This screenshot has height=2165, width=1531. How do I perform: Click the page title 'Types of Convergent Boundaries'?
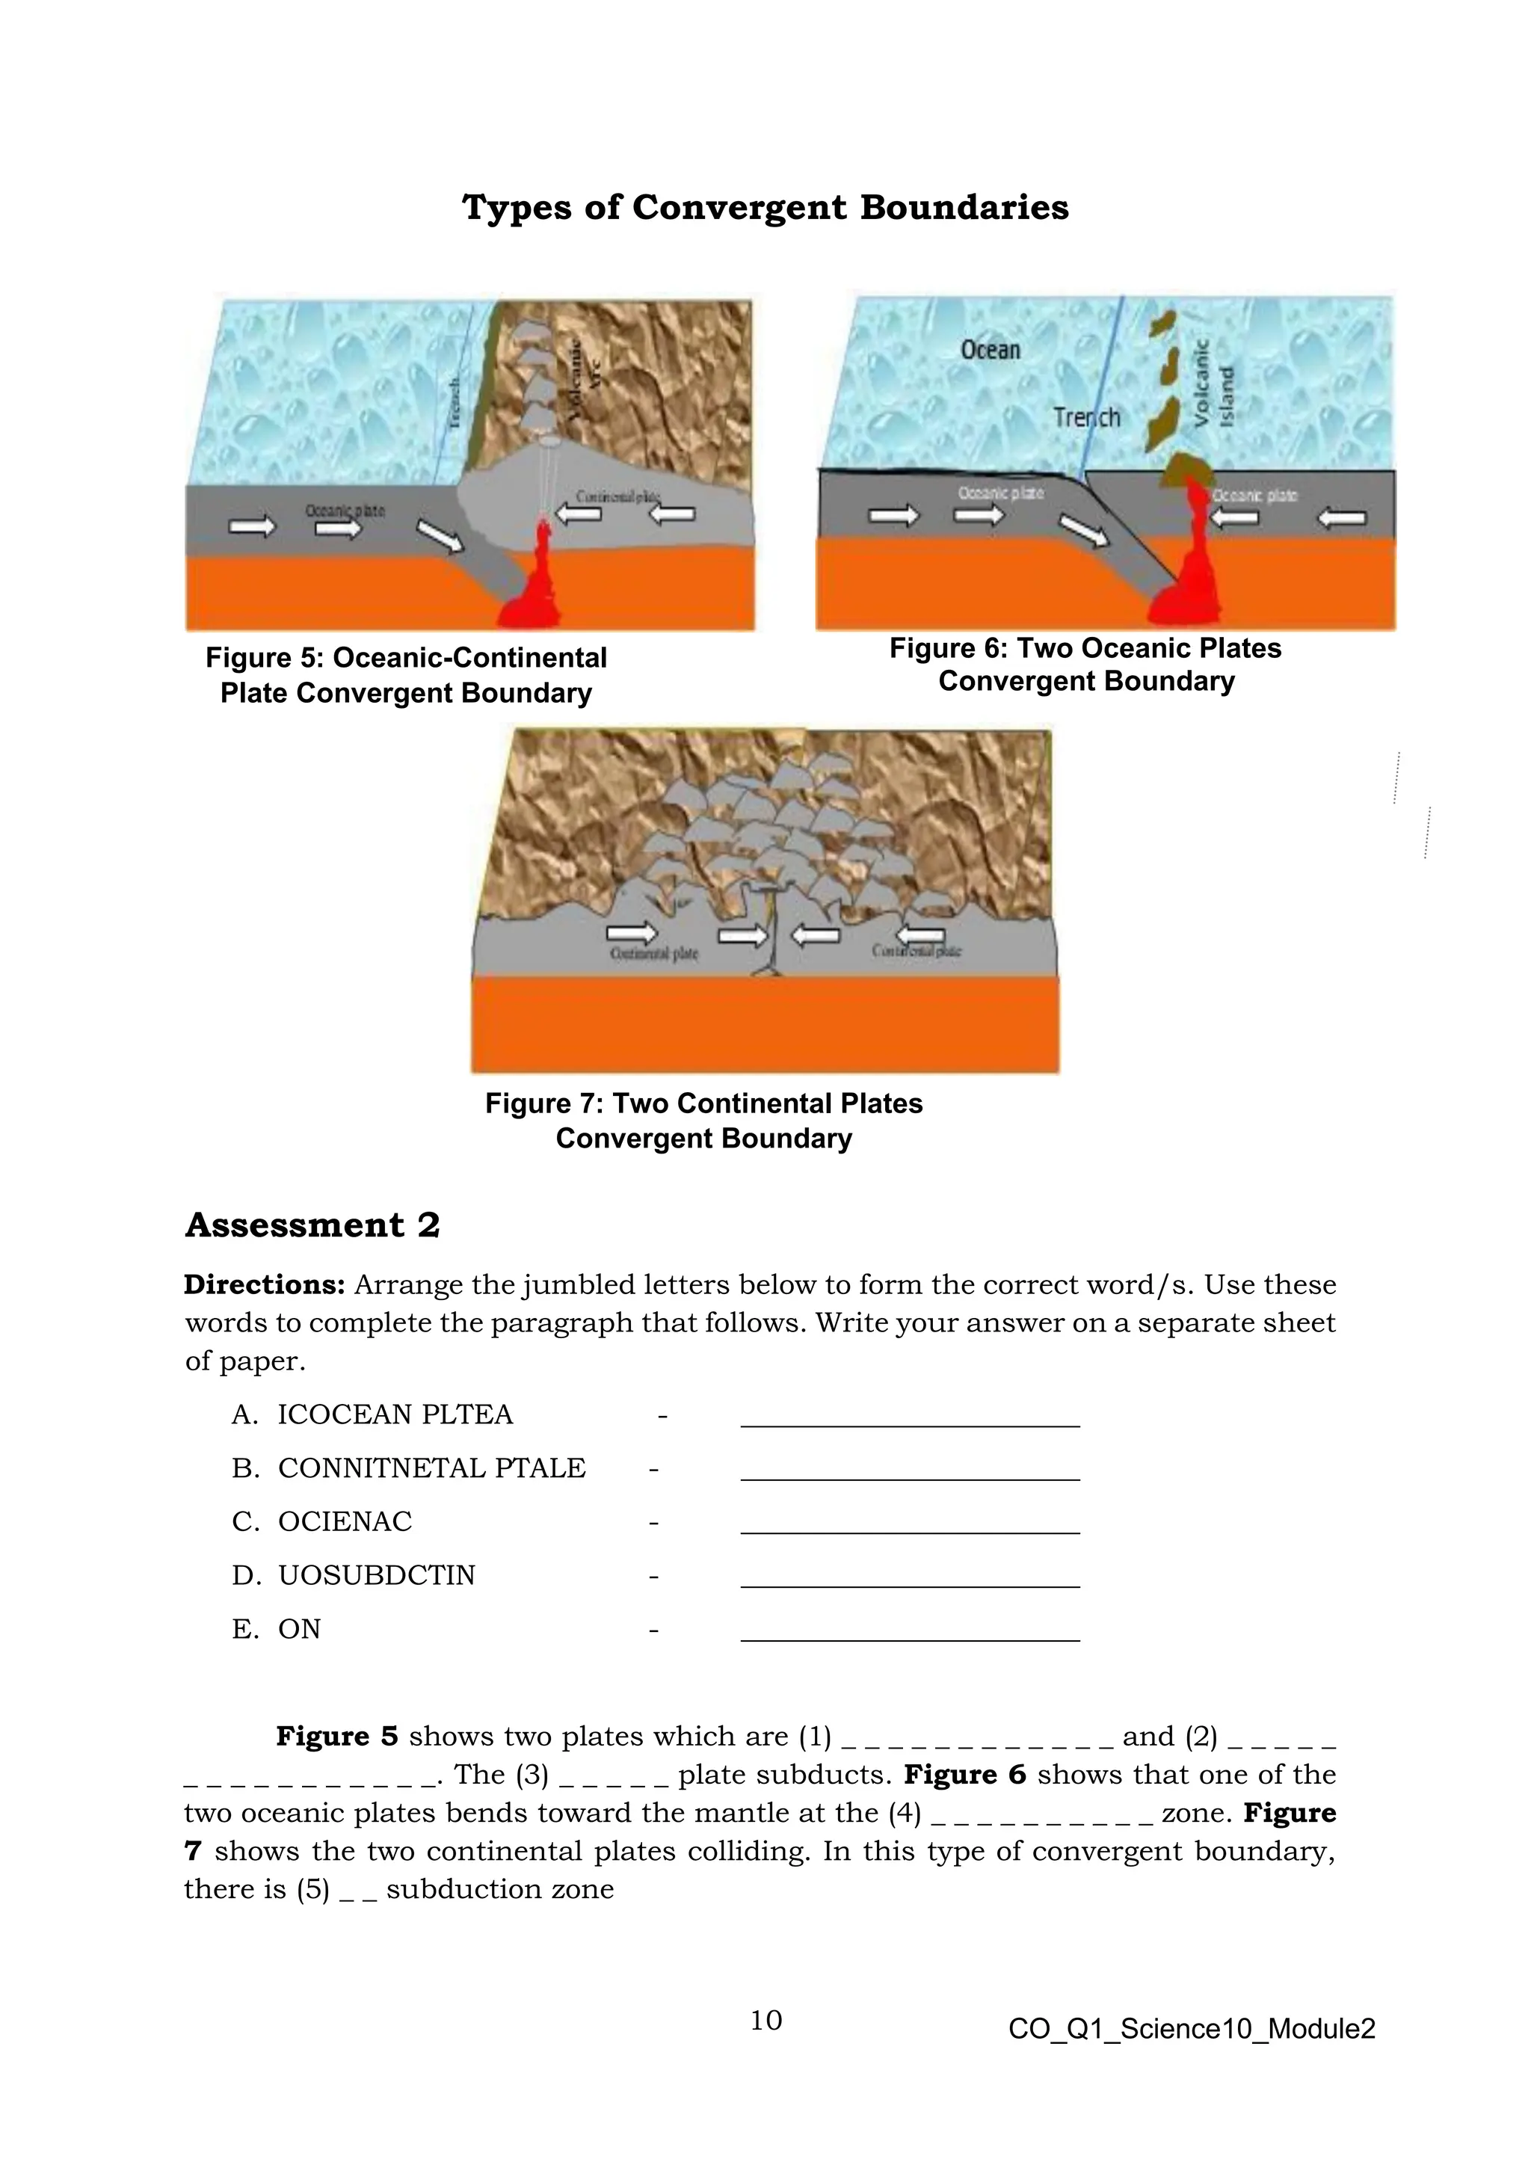pyautogui.click(x=765, y=207)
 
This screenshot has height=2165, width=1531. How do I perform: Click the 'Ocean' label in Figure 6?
pyautogui.click(x=990, y=350)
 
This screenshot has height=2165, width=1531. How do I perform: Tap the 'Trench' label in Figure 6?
pyautogui.click(x=1086, y=417)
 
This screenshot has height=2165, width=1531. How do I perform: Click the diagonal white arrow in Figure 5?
pyautogui.click(x=440, y=537)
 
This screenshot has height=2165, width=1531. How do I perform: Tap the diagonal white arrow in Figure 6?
pyautogui.click(x=1084, y=531)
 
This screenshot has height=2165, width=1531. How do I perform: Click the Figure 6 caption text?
pyautogui.click(x=1085, y=665)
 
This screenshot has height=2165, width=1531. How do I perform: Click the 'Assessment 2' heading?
pyautogui.click(x=312, y=1225)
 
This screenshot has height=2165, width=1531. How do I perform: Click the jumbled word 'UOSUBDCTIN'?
pyautogui.click(x=376, y=1576)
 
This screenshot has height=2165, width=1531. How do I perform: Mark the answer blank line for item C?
pyautogui.click(x=910, y=1533)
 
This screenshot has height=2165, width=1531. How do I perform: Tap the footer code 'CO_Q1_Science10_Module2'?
pyautogui.click(x=1192, y=2029)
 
